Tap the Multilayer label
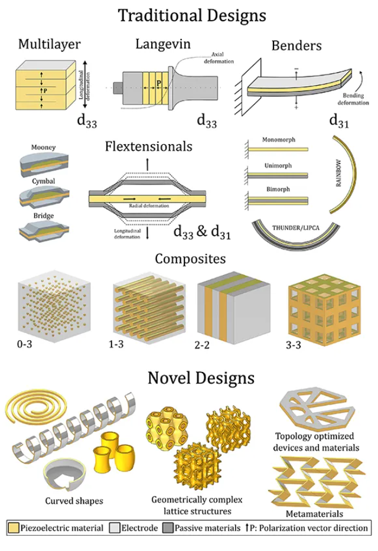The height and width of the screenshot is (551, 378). (x=49, y=44)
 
